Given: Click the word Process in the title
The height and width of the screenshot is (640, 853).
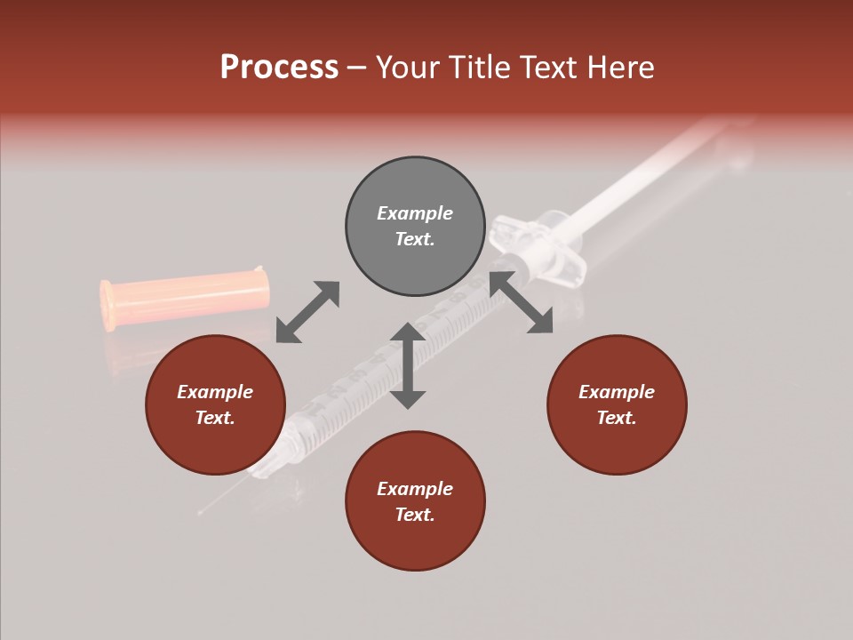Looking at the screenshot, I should click(279, 68).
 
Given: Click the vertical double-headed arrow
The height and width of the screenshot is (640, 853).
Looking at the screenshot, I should click(408, 365).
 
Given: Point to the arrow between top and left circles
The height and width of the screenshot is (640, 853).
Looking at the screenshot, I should click(307, 312).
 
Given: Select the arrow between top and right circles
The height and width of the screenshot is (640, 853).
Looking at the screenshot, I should click(522, 302).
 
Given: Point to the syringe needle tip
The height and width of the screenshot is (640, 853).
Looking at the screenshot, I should click(202, 512).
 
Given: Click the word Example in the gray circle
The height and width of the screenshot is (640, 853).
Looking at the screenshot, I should click(415, 213).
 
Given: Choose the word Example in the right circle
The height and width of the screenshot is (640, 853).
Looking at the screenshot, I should click(617, 392).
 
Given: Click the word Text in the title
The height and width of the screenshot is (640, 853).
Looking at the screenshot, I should click(545, 68).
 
